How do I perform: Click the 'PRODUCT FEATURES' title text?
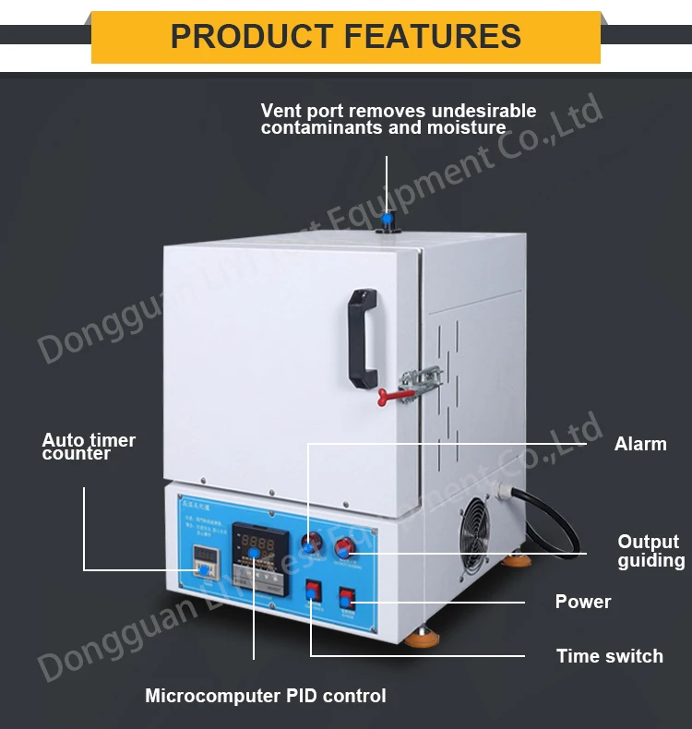[x=346, y=37]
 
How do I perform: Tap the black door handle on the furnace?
[x=363, y=338]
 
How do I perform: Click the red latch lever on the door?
[x=397, y=395]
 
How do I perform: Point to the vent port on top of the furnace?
[x=388, y=221]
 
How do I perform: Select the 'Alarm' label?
[x=640, y=444]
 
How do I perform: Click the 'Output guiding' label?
[x=650, y=551]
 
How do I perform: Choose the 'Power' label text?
[x=582, y=602]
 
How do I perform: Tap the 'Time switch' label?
[x=609, y=656]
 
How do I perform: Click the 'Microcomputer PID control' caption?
[x=266, y=696]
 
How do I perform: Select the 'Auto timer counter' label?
[x=89, y=447]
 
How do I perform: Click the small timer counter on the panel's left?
[x=204, y=561]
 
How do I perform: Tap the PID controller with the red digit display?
[x=254, y=555]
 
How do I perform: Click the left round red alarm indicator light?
[x=308, y=544]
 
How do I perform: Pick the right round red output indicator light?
[x=344, y=546]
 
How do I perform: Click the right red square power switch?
[x=347, y=602]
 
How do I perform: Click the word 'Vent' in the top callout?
[x=280, y=111]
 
